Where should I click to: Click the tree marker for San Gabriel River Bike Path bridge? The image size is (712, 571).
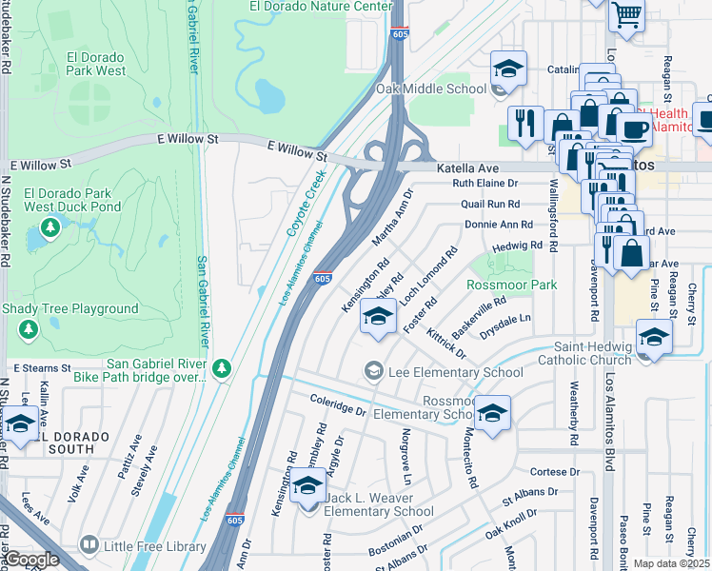(221, 367)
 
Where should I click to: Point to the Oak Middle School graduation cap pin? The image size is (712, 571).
(509, 70)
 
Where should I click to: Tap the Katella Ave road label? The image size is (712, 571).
(467, 167)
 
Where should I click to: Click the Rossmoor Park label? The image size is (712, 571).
(511, 285)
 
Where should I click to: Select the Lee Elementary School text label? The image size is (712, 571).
(455, 372)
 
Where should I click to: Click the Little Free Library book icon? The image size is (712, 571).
(89, 545)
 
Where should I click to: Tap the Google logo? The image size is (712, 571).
(31, 560)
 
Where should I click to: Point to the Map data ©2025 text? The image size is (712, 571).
(670, 563)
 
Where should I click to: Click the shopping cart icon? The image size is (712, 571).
(626, 15)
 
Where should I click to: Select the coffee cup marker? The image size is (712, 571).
(633, 127)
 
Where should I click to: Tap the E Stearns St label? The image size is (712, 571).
(43, 367)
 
